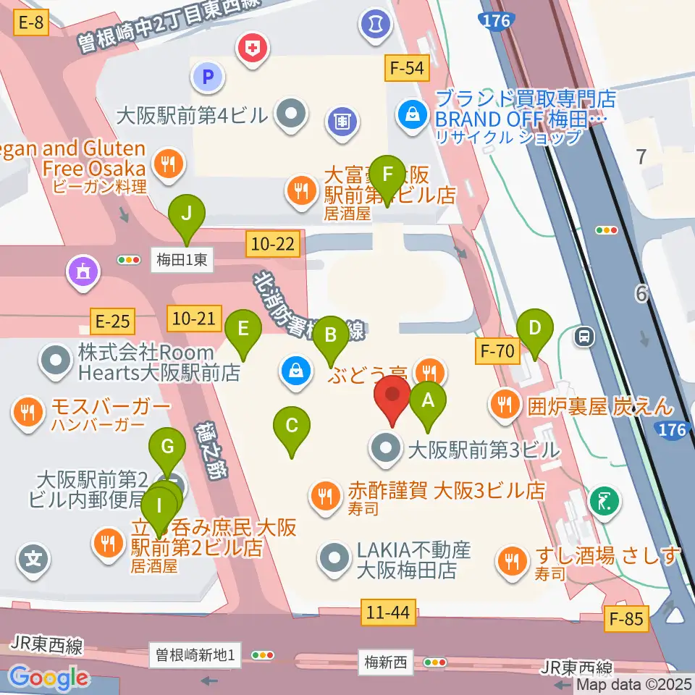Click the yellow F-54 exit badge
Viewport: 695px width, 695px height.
tap(408, 69)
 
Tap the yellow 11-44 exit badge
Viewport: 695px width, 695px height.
tap(388, 614)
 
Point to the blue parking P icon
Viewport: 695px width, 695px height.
tap(208, 75)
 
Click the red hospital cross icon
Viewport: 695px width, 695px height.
tap(253, 49)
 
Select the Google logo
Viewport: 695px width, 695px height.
tap(49, 678)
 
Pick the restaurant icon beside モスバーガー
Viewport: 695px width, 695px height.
tap(28, 413)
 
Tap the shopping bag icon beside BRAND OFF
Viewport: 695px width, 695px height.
tap(412, 114)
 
